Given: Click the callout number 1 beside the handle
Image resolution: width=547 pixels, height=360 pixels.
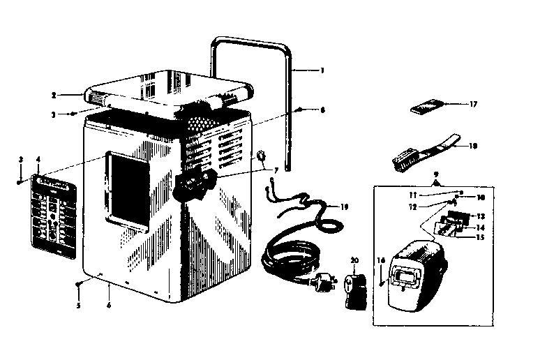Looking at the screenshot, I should [322, 70].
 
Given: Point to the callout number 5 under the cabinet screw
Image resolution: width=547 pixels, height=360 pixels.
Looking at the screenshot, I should [78, 305].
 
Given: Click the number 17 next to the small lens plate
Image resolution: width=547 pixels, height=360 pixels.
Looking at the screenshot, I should [473, 105].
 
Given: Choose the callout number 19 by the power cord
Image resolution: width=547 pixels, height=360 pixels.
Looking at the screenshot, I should [343, 207].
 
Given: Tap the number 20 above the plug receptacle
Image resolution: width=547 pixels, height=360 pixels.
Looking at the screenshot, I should [354, 260].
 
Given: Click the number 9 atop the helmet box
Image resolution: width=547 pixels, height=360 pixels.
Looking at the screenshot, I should [436, 174].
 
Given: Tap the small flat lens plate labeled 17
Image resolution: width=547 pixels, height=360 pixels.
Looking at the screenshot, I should [427, 107].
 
